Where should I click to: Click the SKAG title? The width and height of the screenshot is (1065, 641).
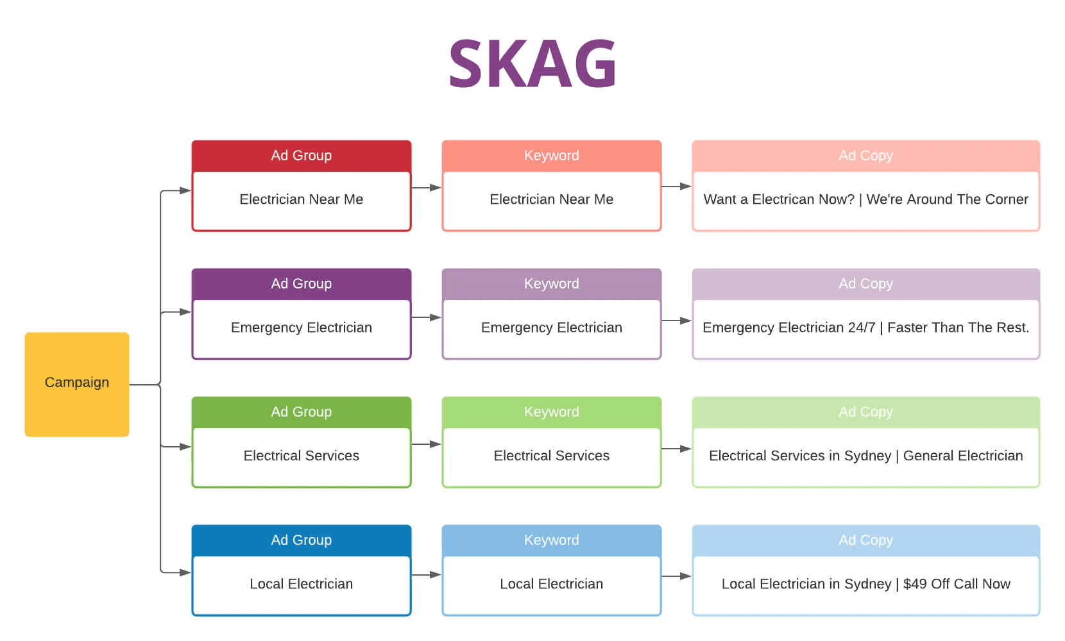pyautogui.click(x=532, y=64)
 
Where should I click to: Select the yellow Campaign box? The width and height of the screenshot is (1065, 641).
pyautogui.click(x=77, y=384)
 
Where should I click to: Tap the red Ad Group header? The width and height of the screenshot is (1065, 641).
pyautogui.click(x=301, y=156)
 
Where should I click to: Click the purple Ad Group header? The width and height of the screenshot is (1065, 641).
pyautogui.click(x=301, y=284)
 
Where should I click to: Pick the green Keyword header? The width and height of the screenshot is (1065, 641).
pyautogui.click(x=551, y=412)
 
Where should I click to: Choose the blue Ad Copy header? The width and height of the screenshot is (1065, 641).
pyautogui.click(x=865, y=540)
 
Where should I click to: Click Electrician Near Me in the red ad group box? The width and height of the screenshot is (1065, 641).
pyautogui.click(x=301, y=199)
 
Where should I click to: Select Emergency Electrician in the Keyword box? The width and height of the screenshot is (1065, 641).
pyautogui.click(x=551, y=328)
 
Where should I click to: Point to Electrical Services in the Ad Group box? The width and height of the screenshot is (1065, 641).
pyautogui.click(x=301, y=456)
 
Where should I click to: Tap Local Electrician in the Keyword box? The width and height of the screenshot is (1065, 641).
pyautogui.click(x=551, y=584)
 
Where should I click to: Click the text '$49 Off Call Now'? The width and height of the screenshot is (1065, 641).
pyautogui.click(x=957, y=584)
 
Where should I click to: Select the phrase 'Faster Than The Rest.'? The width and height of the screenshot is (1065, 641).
pyautogui.click(x=958, y=328)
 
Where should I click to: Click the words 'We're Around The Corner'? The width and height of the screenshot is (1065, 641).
pyautogui.click(x=947, y=199)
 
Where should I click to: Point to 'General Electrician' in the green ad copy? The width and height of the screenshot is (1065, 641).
pyautogui.click(x=962, y=456)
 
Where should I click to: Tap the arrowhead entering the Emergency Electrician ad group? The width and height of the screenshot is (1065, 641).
pyautogui.click(x=185, y=312)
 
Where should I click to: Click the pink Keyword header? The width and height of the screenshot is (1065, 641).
pyautogui.click(x=551, y=156)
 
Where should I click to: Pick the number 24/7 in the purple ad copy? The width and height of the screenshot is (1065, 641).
pyautogui.click(x=861, y=328)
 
